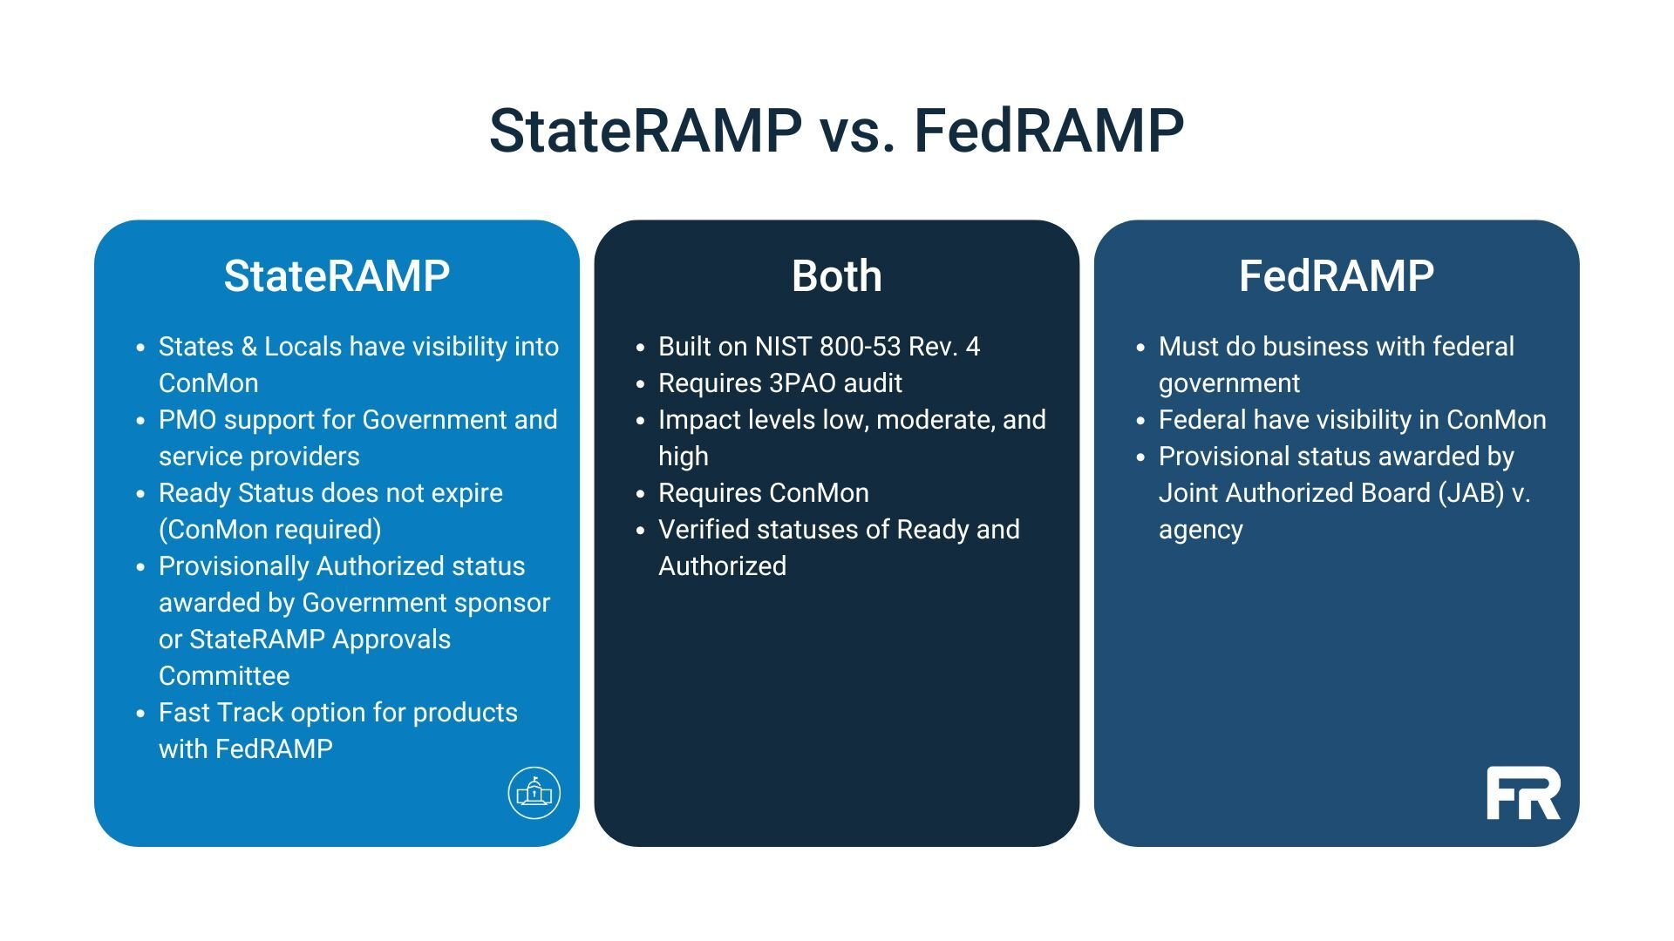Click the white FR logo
1523,793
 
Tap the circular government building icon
534,793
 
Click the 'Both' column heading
837,276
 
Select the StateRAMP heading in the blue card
337,276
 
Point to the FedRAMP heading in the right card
1337,276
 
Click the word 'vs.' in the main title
857,132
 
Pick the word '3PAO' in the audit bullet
801,383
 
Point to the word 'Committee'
224,676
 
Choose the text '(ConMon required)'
270,530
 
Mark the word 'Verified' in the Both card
708,530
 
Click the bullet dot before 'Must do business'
1140,348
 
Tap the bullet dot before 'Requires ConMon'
641,494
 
